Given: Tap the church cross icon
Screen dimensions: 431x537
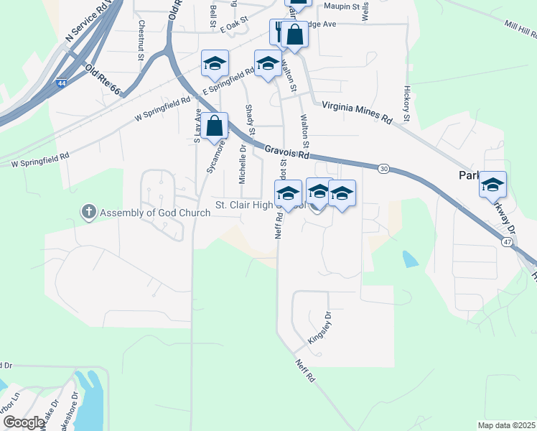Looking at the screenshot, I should click(x=88, y=212).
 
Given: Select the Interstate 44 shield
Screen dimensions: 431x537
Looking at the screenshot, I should click(x=62, y=84).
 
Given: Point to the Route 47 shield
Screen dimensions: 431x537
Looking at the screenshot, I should click(x=508, y=243).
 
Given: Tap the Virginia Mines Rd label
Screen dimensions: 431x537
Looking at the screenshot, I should click(x=357, y=111).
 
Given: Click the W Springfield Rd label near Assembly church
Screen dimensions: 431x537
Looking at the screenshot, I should click(x=40, y=159).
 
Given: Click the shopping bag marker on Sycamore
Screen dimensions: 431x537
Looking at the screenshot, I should click(x=214, y=126).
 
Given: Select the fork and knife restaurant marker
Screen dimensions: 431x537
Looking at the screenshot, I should click(x=280, y=32).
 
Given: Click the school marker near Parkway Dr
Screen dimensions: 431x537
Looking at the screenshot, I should click(x=493, y=185).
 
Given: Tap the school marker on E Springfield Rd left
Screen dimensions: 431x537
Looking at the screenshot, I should click(x=215, y=63).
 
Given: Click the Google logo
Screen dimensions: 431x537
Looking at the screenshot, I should click(x=24, y=422).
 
